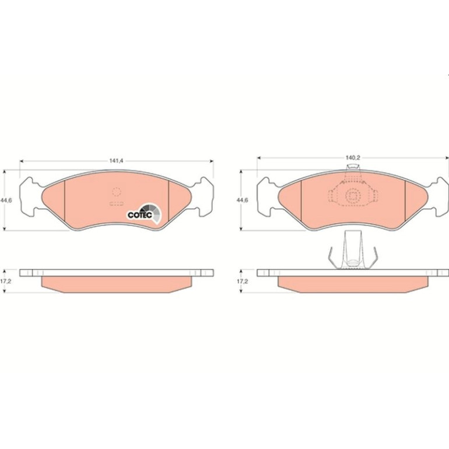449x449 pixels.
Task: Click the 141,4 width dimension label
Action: click(x=116, y=161)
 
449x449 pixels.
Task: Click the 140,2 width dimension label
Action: click(x=353, y=157)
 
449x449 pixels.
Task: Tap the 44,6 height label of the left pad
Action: click(x=6, y=201)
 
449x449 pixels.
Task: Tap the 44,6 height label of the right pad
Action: click(x=242, y=201)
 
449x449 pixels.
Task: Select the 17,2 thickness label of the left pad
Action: click(x=6, y=281)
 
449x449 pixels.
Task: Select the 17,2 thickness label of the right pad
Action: click(x=242, y=281)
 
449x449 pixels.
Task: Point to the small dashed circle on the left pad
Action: click(x=117, y=192)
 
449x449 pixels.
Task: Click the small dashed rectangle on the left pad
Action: click(x=117, y=204)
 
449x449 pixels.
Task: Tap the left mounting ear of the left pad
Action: click(x=29, y=196)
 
